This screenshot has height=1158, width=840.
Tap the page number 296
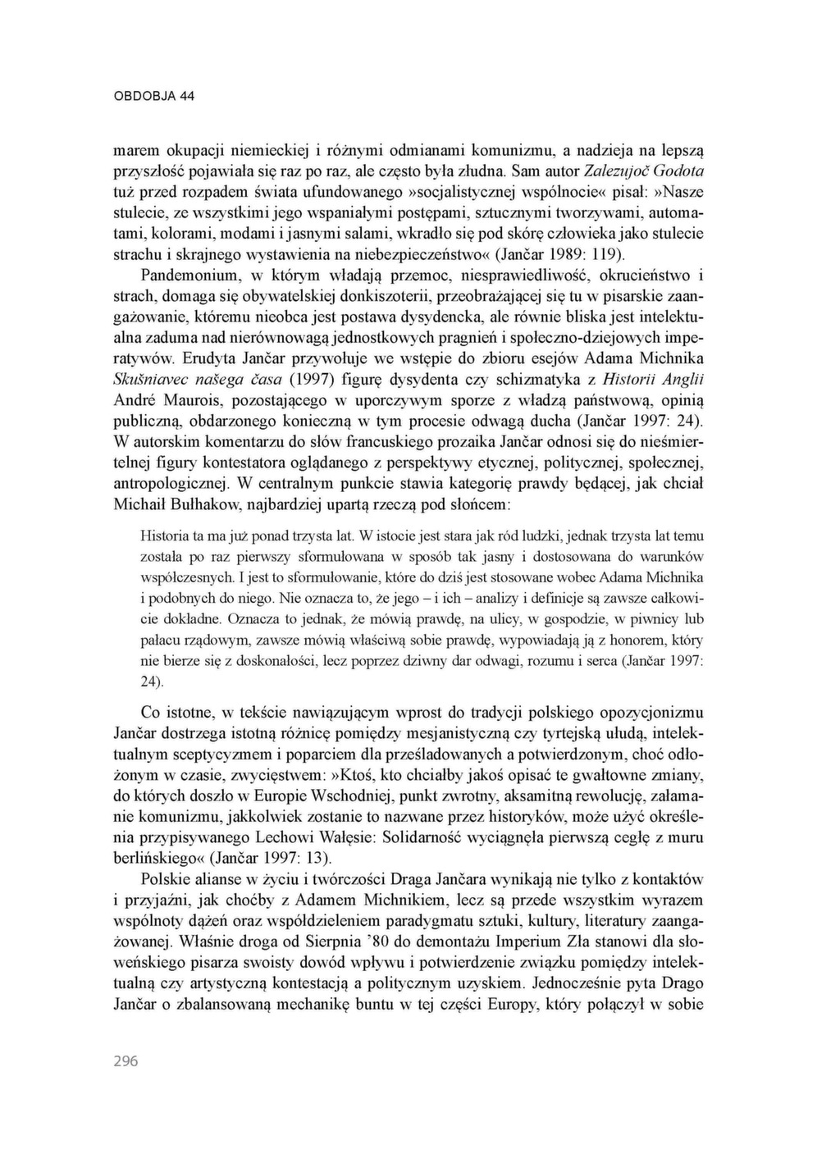(x=126, y=1061)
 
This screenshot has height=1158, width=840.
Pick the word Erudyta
(x=209, y=358)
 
